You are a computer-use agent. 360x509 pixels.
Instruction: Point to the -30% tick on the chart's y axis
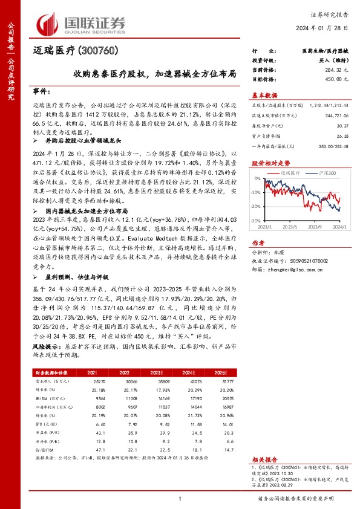(256, 221)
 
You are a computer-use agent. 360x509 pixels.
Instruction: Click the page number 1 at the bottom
(180, 498)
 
